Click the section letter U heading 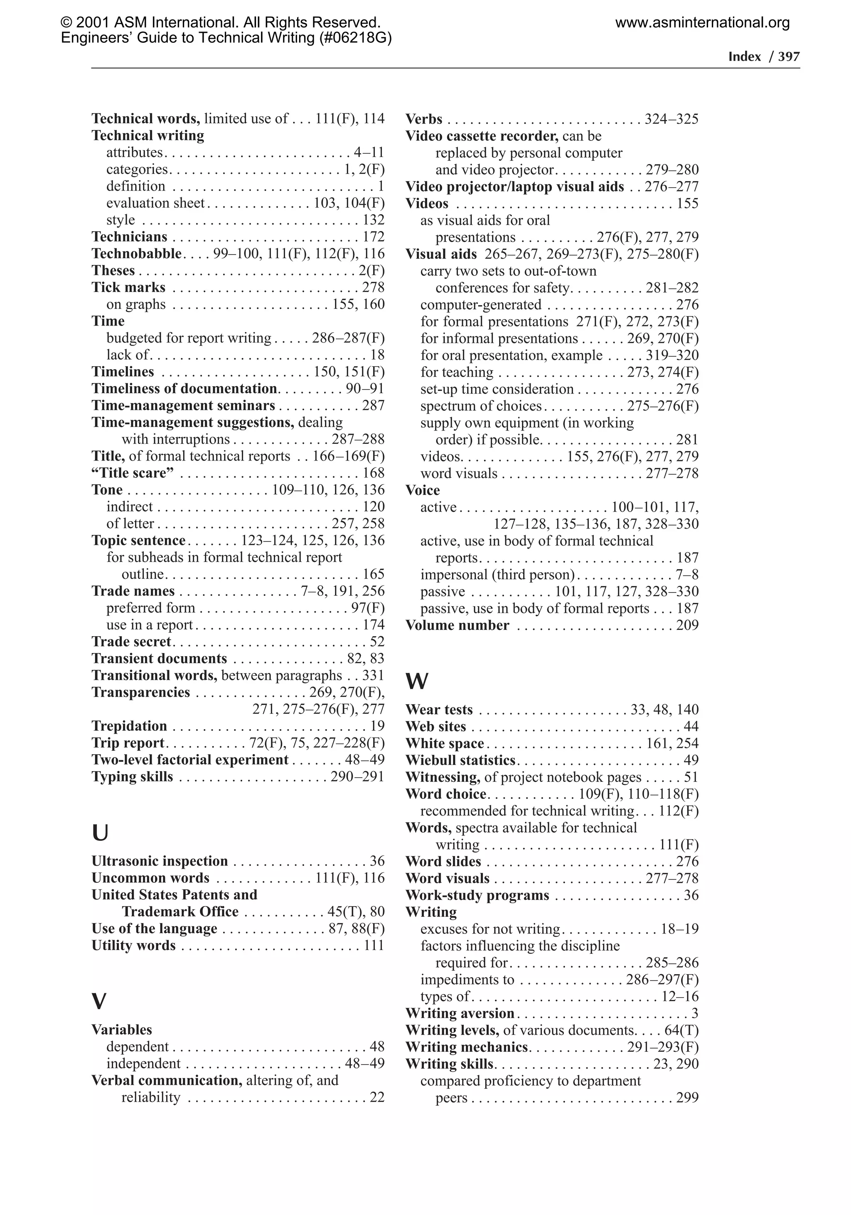(x=100, y=833)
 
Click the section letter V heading (x=99, y=1001)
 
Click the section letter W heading (x=417, y=681)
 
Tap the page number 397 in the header (x=789, y=56)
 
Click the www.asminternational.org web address (x=702, y=23)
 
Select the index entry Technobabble (x=137, y=253)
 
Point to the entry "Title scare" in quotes (x=133, y=473)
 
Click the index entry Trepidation (x=129, y=725)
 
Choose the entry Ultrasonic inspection (x=160, y=861)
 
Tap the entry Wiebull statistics (x=460, y=760)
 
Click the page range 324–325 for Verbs (x=671, y=119)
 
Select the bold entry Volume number (x=457, y=625)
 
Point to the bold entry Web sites (x=435, y=726)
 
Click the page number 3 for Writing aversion (x=694, y=1013)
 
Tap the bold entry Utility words (x=133, y=945)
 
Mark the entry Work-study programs (x=477, y=895)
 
